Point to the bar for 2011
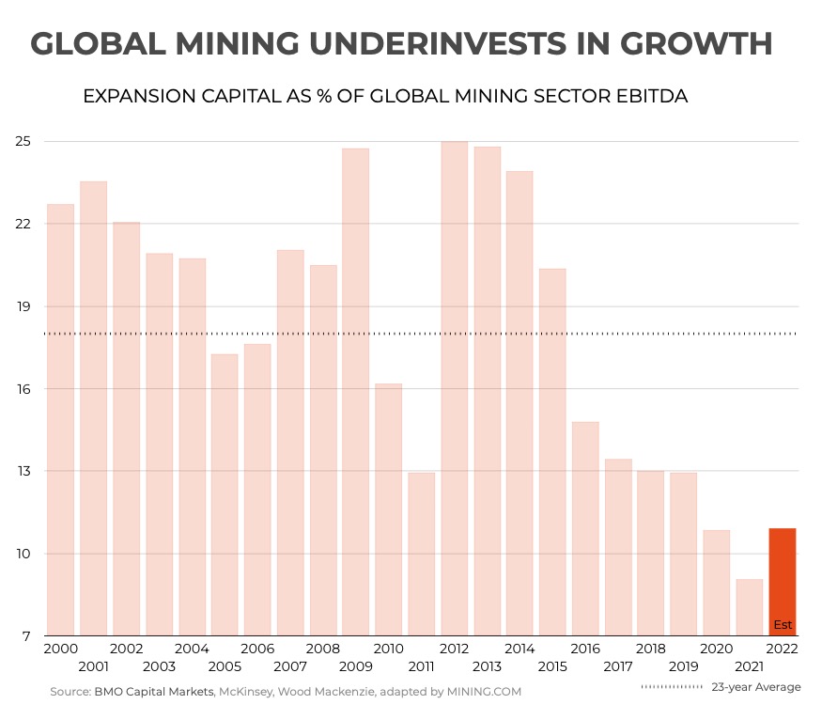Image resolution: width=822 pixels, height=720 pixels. [x=421, y=554]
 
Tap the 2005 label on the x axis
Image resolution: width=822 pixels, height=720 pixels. [x=225, y=666]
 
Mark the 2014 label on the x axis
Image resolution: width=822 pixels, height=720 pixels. [x=520, y=650]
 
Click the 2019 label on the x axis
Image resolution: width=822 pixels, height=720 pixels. [x=684, y=666]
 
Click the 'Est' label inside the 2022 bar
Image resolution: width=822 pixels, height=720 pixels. [x=783, y=625]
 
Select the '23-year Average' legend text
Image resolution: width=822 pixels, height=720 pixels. [x=755, y=687]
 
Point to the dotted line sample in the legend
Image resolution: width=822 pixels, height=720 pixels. [x=672, y=687]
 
